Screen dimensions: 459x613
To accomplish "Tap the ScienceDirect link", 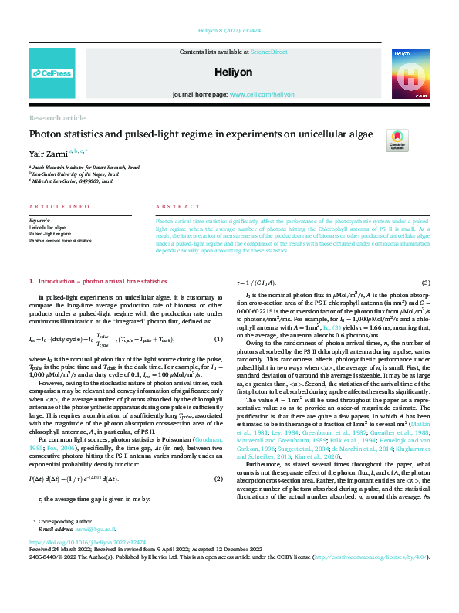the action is point(268,51).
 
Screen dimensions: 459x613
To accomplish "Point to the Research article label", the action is point(57,117).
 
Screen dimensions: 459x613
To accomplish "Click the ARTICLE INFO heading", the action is point(53,208).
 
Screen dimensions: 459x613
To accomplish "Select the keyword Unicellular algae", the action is point(47,229).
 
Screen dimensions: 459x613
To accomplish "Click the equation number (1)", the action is point(218,340).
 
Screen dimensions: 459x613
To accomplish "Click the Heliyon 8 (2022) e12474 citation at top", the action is point(229,33).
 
